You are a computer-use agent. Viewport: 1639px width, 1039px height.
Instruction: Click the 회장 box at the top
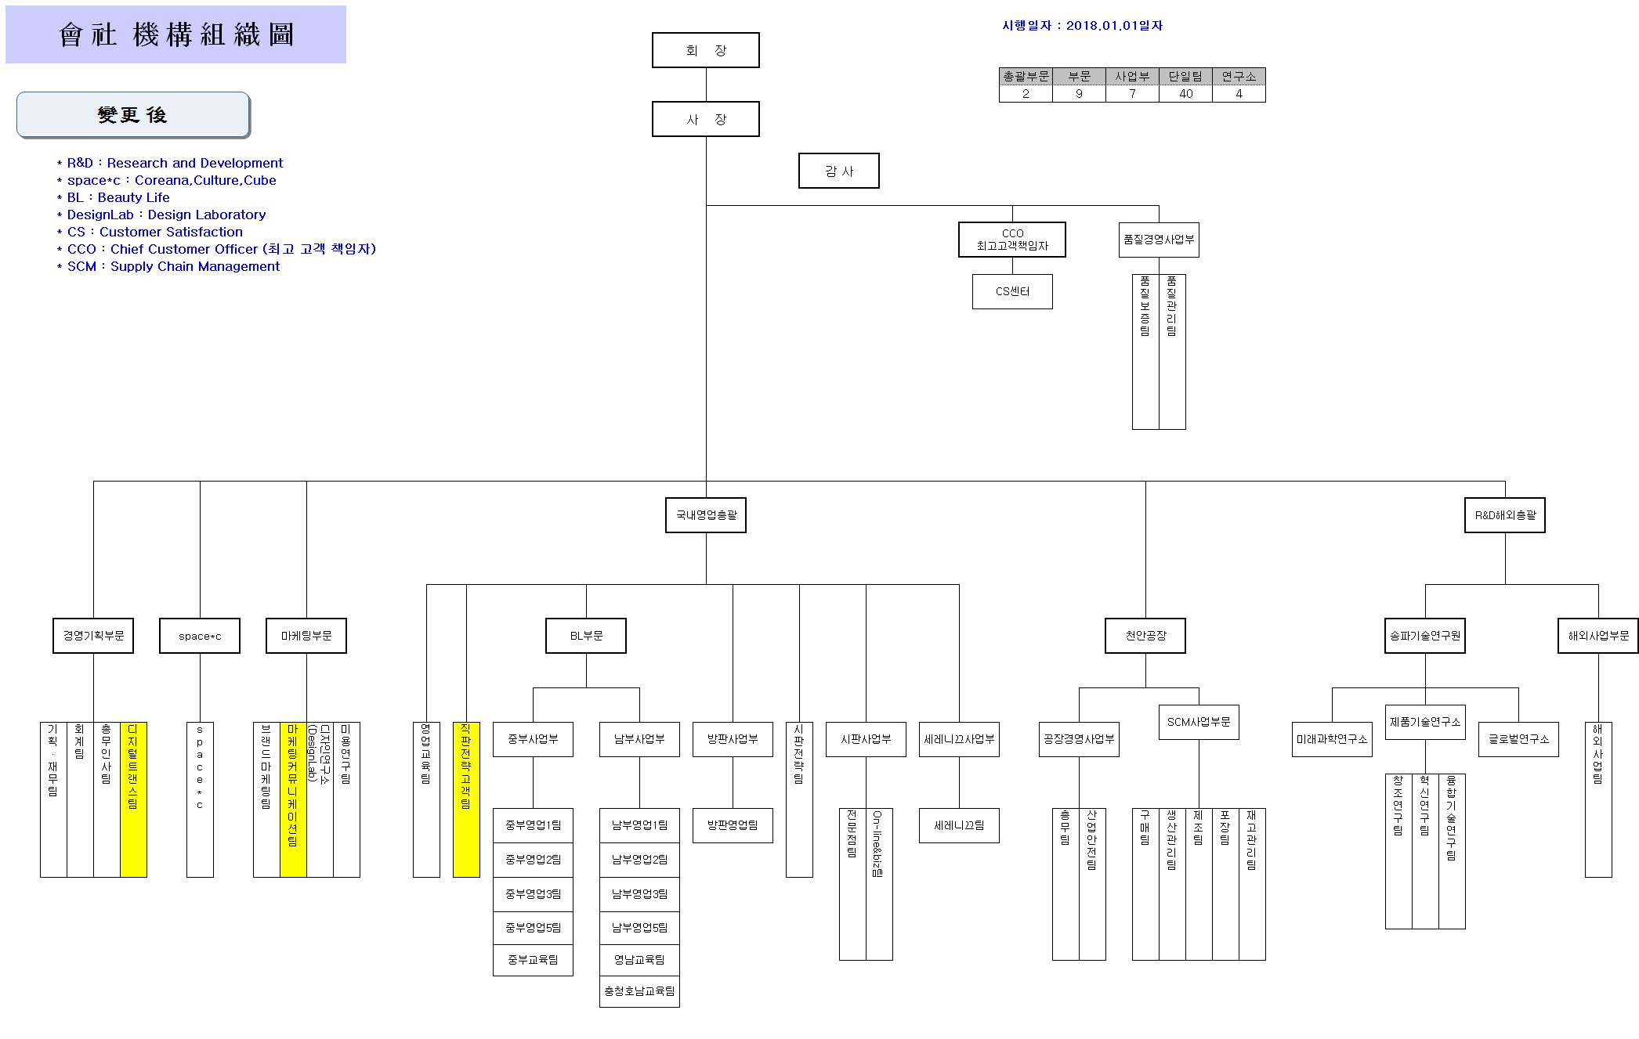[x=705, y=50]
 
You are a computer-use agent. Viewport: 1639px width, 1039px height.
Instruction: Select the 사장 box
[x=705, y=119]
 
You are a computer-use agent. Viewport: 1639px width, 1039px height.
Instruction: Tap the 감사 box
[x=838, y=171]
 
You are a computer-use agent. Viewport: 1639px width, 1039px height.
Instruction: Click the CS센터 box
[x=1012, y=291]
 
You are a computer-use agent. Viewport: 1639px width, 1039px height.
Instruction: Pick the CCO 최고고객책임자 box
[x=1012, y=240]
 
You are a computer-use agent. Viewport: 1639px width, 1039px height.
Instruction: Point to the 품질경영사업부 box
[x=1159, y=240]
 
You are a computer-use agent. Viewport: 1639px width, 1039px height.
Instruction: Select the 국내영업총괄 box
[x=705, y=515]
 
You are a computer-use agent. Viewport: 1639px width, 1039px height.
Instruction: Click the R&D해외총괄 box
[x=1504, y=515]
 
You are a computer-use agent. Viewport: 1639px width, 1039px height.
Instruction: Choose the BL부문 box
[x=586, y=636]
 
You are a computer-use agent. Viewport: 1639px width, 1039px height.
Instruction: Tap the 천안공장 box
[x=1145, y=636]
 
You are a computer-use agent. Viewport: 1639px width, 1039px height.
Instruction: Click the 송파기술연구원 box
[x=1425, y=636]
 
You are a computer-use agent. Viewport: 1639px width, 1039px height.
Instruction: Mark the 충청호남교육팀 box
[x=639, y=991]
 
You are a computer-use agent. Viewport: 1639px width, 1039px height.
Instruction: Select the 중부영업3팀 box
[x=533, y=894]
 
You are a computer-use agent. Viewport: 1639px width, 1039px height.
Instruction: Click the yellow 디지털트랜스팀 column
[x=133, y=799]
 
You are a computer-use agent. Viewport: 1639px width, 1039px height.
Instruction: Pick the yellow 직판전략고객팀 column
[x=466, y=799]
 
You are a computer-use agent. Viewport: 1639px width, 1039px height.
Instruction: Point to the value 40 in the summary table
[x=1185, y=94]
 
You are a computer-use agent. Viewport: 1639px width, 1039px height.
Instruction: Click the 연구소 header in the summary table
[x=1239, y=76]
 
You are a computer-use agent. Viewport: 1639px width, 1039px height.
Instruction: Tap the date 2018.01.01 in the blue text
[x=1102, y=26]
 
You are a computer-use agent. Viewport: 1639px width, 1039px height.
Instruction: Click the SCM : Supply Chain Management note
[x=172, y=266]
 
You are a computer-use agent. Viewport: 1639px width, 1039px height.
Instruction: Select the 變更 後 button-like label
[x=133, y=115]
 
